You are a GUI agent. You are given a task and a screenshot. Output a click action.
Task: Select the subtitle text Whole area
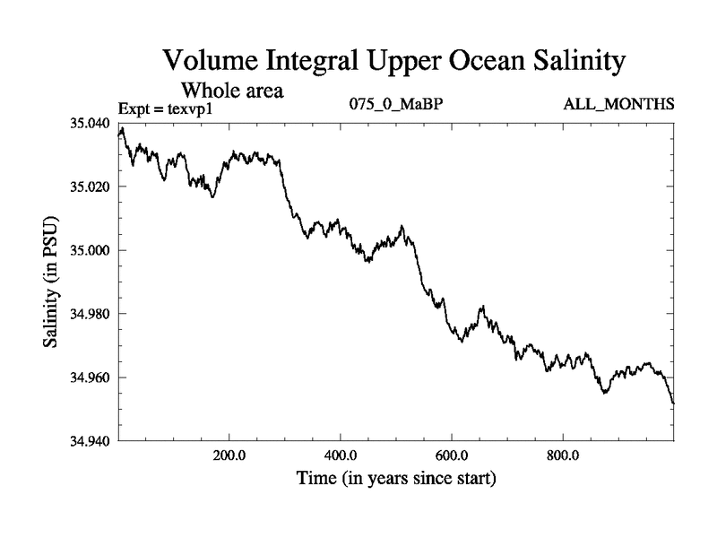pos(232,90)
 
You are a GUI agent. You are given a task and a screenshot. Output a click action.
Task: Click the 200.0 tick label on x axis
pos(229,455)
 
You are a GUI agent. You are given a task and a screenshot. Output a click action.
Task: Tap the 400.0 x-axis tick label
pos(341,455)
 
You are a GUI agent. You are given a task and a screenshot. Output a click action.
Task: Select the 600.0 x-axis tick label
pos(452,455)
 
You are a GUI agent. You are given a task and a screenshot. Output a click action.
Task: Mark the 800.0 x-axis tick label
pos(563,455)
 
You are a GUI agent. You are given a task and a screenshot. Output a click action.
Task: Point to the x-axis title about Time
pos(396,479)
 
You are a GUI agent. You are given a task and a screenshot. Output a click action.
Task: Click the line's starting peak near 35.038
pos(122,129)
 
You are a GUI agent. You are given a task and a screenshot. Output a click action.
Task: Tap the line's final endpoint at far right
pos(673,403)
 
